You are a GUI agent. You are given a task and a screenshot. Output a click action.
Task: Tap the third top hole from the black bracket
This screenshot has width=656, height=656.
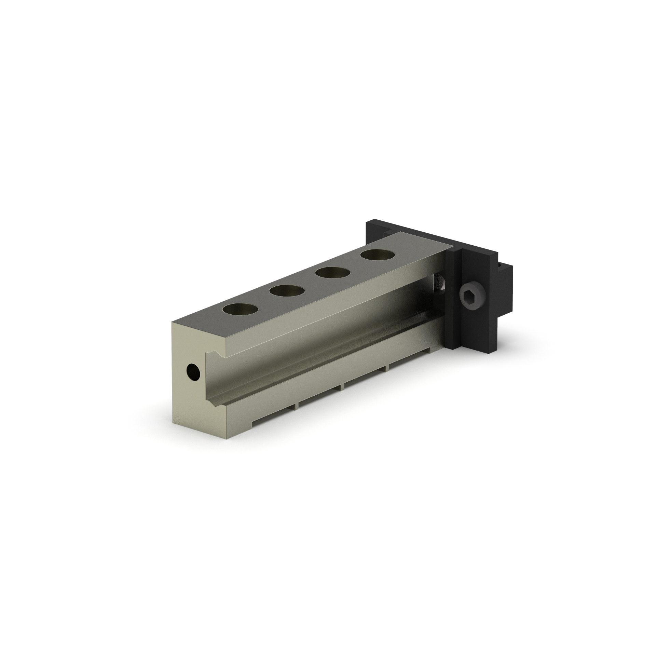coord(287,291)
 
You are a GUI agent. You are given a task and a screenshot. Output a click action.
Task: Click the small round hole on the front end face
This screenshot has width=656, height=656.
coord(194,371)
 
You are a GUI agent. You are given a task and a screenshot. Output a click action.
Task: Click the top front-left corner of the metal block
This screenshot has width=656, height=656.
coord(171,322)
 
